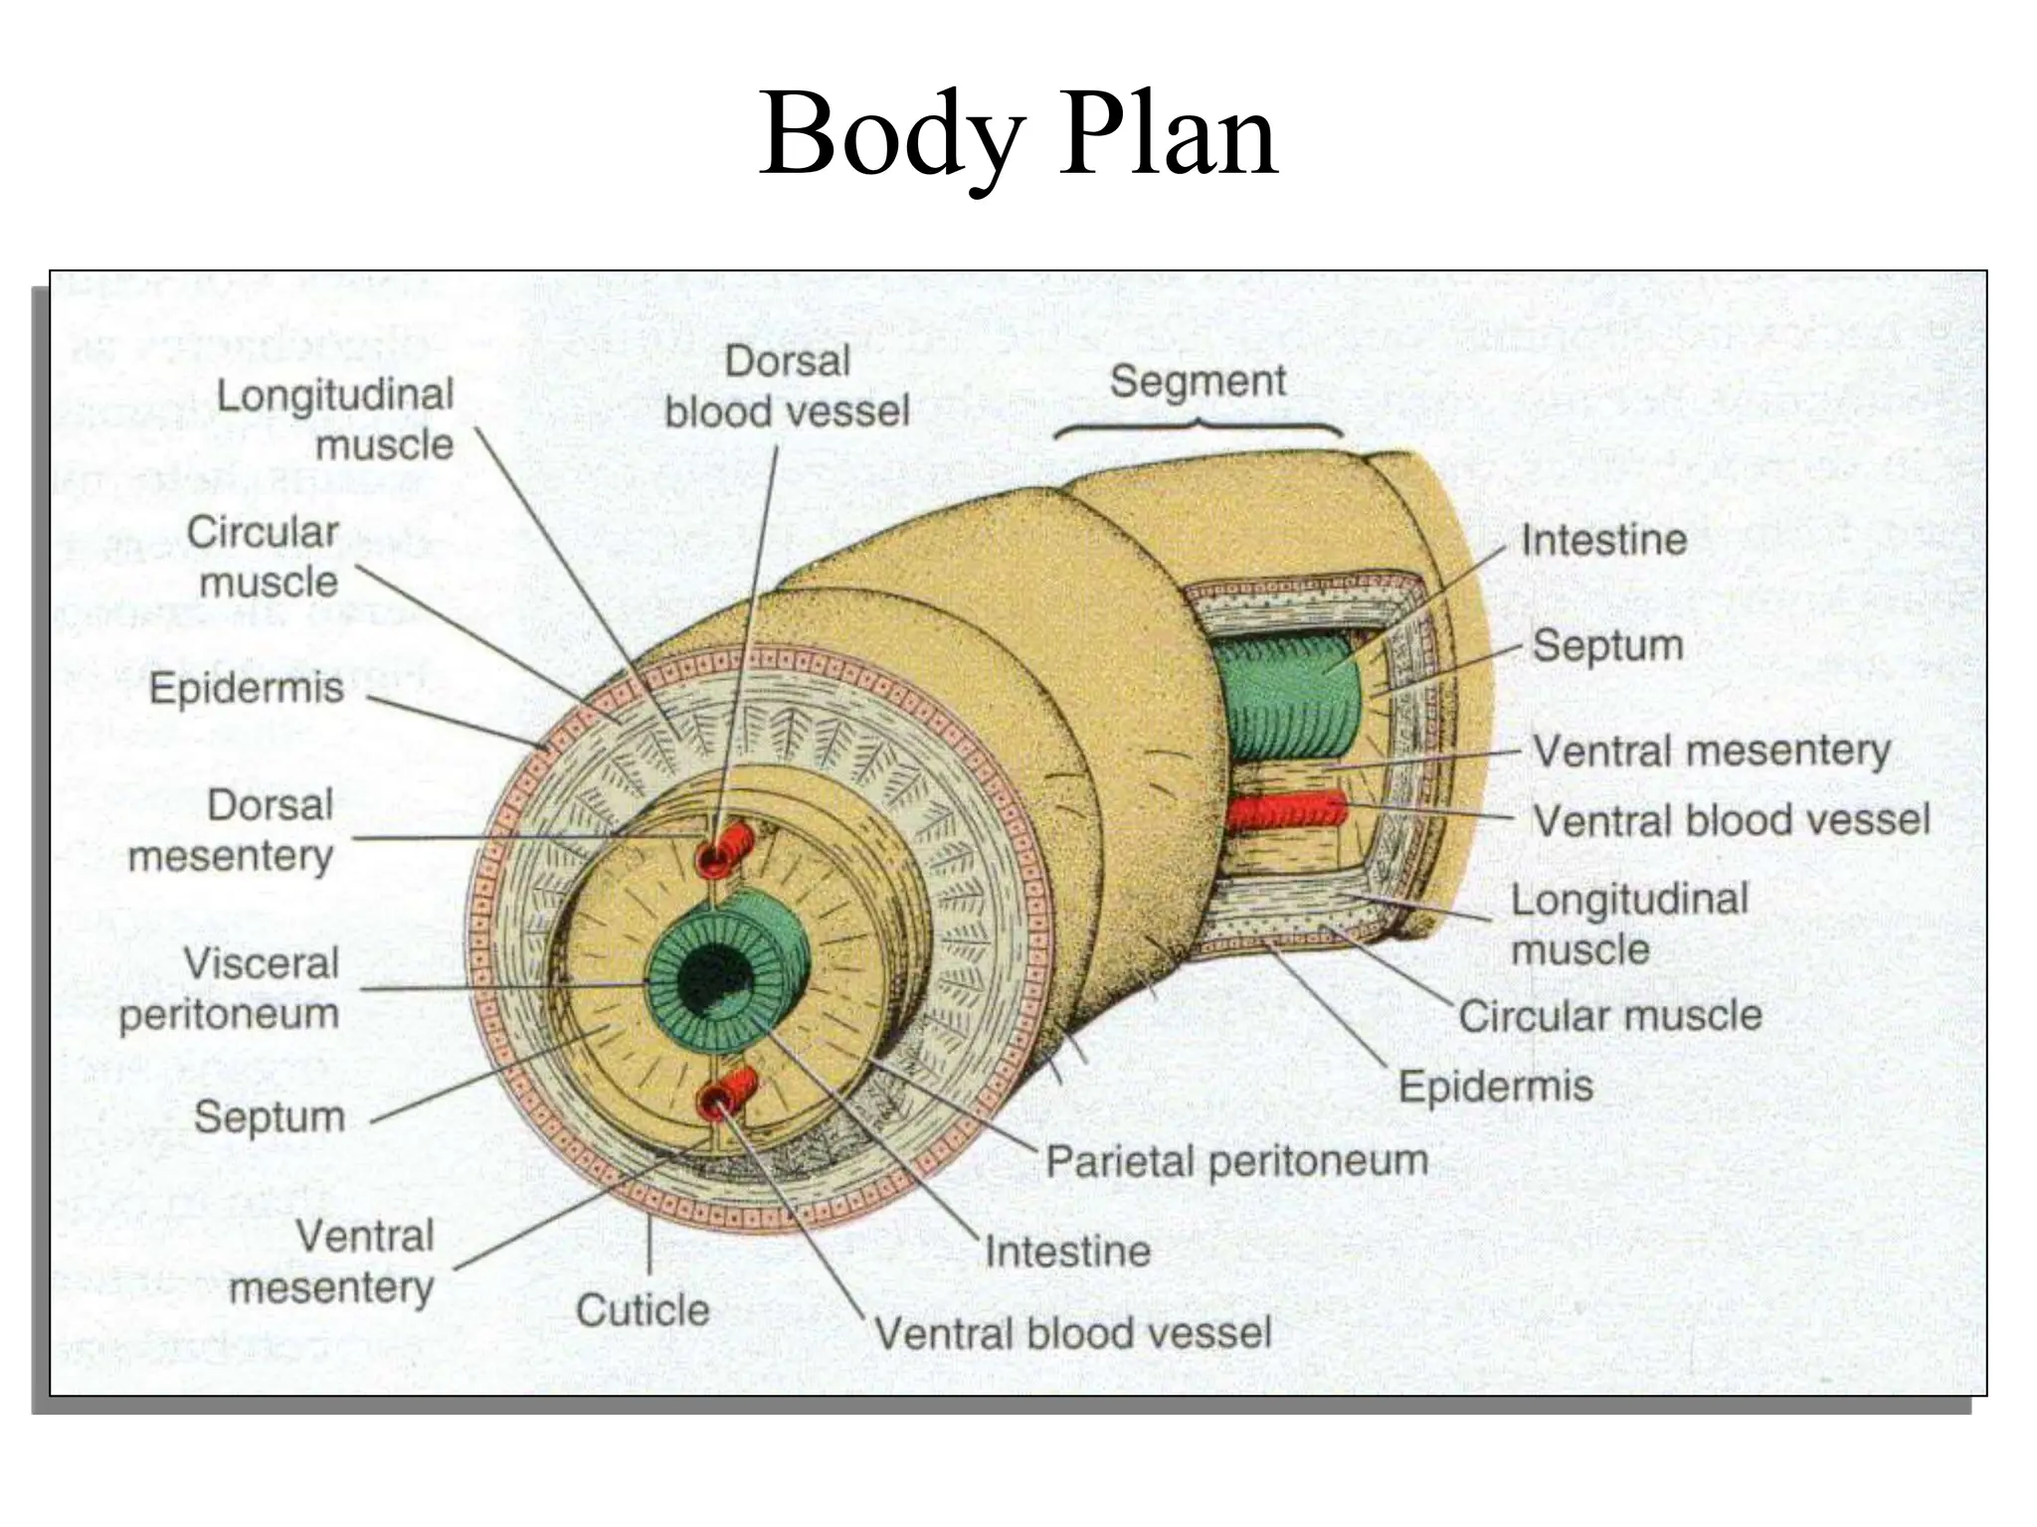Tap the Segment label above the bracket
tap(1198, 382)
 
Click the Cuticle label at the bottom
tap(643, 1310)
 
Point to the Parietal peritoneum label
tap(1236, 1161)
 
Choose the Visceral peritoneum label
tap(230, 988)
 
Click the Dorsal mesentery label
tap(231, 830)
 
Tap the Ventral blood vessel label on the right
tap(1731, 821)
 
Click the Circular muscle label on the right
tap(1609, 1016)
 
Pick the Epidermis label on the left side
tap(247, 688)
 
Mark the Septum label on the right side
tap(1607, 645)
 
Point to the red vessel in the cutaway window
tap(1285, 811)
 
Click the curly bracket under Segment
tap(1199, 426)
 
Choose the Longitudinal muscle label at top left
tap(335, 420)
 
